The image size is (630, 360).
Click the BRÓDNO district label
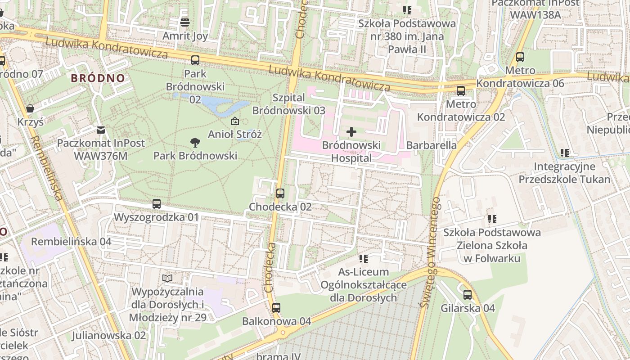pyautogui.click(x=98, y=78)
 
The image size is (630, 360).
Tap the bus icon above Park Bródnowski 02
pyautogui.click(x=195, y=60)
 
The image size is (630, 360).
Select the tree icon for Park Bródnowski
pyautogui.click(x=195, y=143)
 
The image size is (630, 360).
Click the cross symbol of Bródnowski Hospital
pyautogui.click(x=351, y=132)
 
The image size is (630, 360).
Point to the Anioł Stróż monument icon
pyautogui.click(x=234, y=121)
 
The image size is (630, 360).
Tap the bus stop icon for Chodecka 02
pyautogui.click(x=280, y=193)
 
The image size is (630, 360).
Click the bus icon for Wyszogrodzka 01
pyautogui.click(x=156, y=204)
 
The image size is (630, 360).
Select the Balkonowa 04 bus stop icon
pyautogui.click(x=276, y=308)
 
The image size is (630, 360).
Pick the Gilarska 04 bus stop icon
pyautogui.click(x=468, y=295)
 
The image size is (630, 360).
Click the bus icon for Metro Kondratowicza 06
pyautogui.click(x=520, y=57)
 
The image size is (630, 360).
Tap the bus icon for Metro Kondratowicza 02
pyautogui.click(x=461, y=91)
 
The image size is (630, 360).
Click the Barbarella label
pyautogui.click(x=431, y=145)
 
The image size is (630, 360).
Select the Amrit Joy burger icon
pyautogui.click(x=185, y=22)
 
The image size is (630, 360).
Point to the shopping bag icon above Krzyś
pyautogui.click(x=30, y=108)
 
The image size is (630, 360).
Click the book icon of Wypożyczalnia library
pyautogui.click(x=167, y=278)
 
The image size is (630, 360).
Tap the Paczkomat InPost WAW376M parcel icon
pyautogui.click(x=101, y=130)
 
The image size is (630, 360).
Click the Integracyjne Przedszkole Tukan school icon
pyautogui.click(x=564, y=153)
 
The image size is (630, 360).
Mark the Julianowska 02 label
pyautogui.click(x=109, y=335)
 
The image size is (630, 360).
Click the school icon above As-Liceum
pyautogui.click(x=364, y=259)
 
